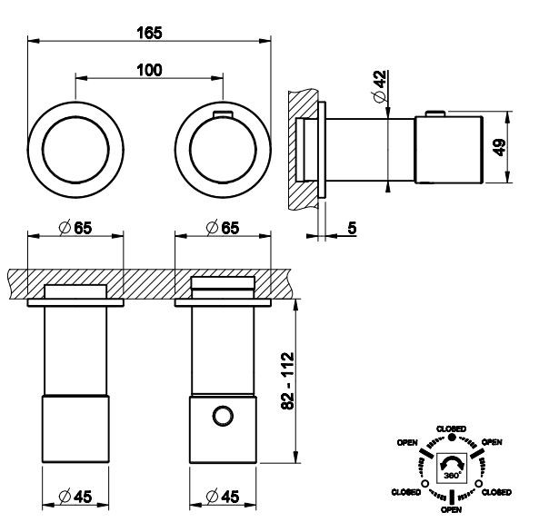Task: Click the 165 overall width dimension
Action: point(149,34)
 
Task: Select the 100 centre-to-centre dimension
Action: point(149,71)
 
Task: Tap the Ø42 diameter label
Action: point(379,86)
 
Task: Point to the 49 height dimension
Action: point(500,147)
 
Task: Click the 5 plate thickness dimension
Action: point(352,228)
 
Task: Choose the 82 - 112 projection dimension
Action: point(288,380)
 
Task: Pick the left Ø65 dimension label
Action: point(75,228)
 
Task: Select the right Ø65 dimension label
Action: point(223,228)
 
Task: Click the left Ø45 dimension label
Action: point(75,497)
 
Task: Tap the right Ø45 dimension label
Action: point(223,497)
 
